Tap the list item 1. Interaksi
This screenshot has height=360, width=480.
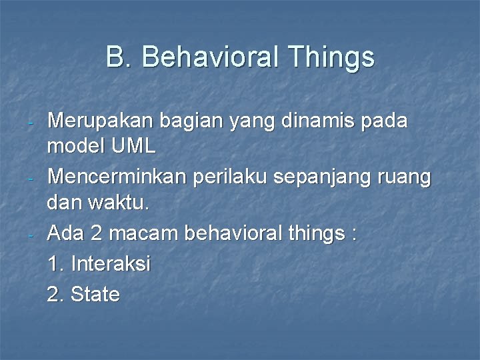(x=99, y=264)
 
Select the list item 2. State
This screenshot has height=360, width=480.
(x=84, y=293)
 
